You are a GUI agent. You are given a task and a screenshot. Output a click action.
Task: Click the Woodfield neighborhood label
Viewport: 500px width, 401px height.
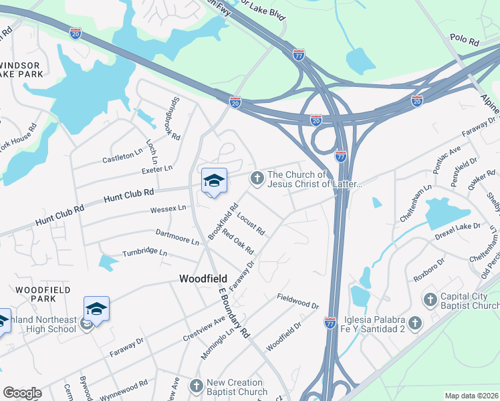click(204, 278)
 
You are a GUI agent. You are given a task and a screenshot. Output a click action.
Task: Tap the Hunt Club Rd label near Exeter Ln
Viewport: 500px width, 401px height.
click(129, 196)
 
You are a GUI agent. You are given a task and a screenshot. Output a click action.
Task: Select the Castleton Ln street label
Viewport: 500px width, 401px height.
click(123, 158)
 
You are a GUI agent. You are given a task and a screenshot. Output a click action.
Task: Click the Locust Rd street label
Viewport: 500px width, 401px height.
click(251, 223)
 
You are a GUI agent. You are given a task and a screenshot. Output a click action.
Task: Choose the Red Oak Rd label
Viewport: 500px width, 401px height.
click(239, 241)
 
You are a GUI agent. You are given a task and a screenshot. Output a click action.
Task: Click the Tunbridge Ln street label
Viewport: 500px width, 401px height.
click(144, 253)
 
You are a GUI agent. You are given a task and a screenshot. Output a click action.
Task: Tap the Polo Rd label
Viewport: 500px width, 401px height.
click(465, 41)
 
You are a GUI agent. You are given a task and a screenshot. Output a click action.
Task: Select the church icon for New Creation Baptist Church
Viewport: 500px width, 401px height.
click(196, 386)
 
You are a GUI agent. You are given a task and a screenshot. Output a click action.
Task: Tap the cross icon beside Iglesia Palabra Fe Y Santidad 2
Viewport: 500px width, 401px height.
click(414, 323)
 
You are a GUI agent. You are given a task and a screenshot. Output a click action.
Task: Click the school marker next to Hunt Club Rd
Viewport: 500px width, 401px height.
click(215, 180)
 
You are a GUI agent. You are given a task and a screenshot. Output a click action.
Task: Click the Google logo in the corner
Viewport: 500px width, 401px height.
click(22, 393)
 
